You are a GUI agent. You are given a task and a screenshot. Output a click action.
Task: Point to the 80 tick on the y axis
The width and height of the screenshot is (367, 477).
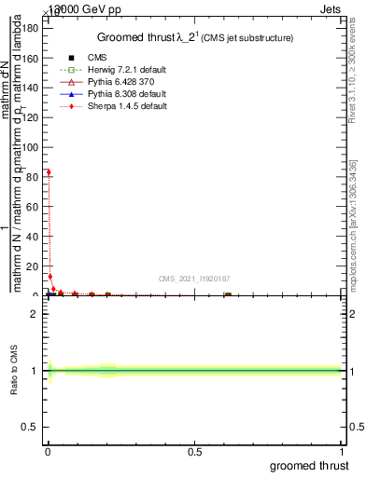pos(35,176)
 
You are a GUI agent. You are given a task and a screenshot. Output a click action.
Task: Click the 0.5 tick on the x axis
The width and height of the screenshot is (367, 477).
pos(195,452)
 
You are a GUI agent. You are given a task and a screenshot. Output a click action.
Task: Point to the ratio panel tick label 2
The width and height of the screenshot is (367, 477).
pos(36,314)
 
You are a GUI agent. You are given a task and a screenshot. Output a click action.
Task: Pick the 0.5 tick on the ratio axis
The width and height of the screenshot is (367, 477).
pos(33,428)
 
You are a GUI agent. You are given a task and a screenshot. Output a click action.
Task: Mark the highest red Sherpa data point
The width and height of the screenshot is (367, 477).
pos(49,171)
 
